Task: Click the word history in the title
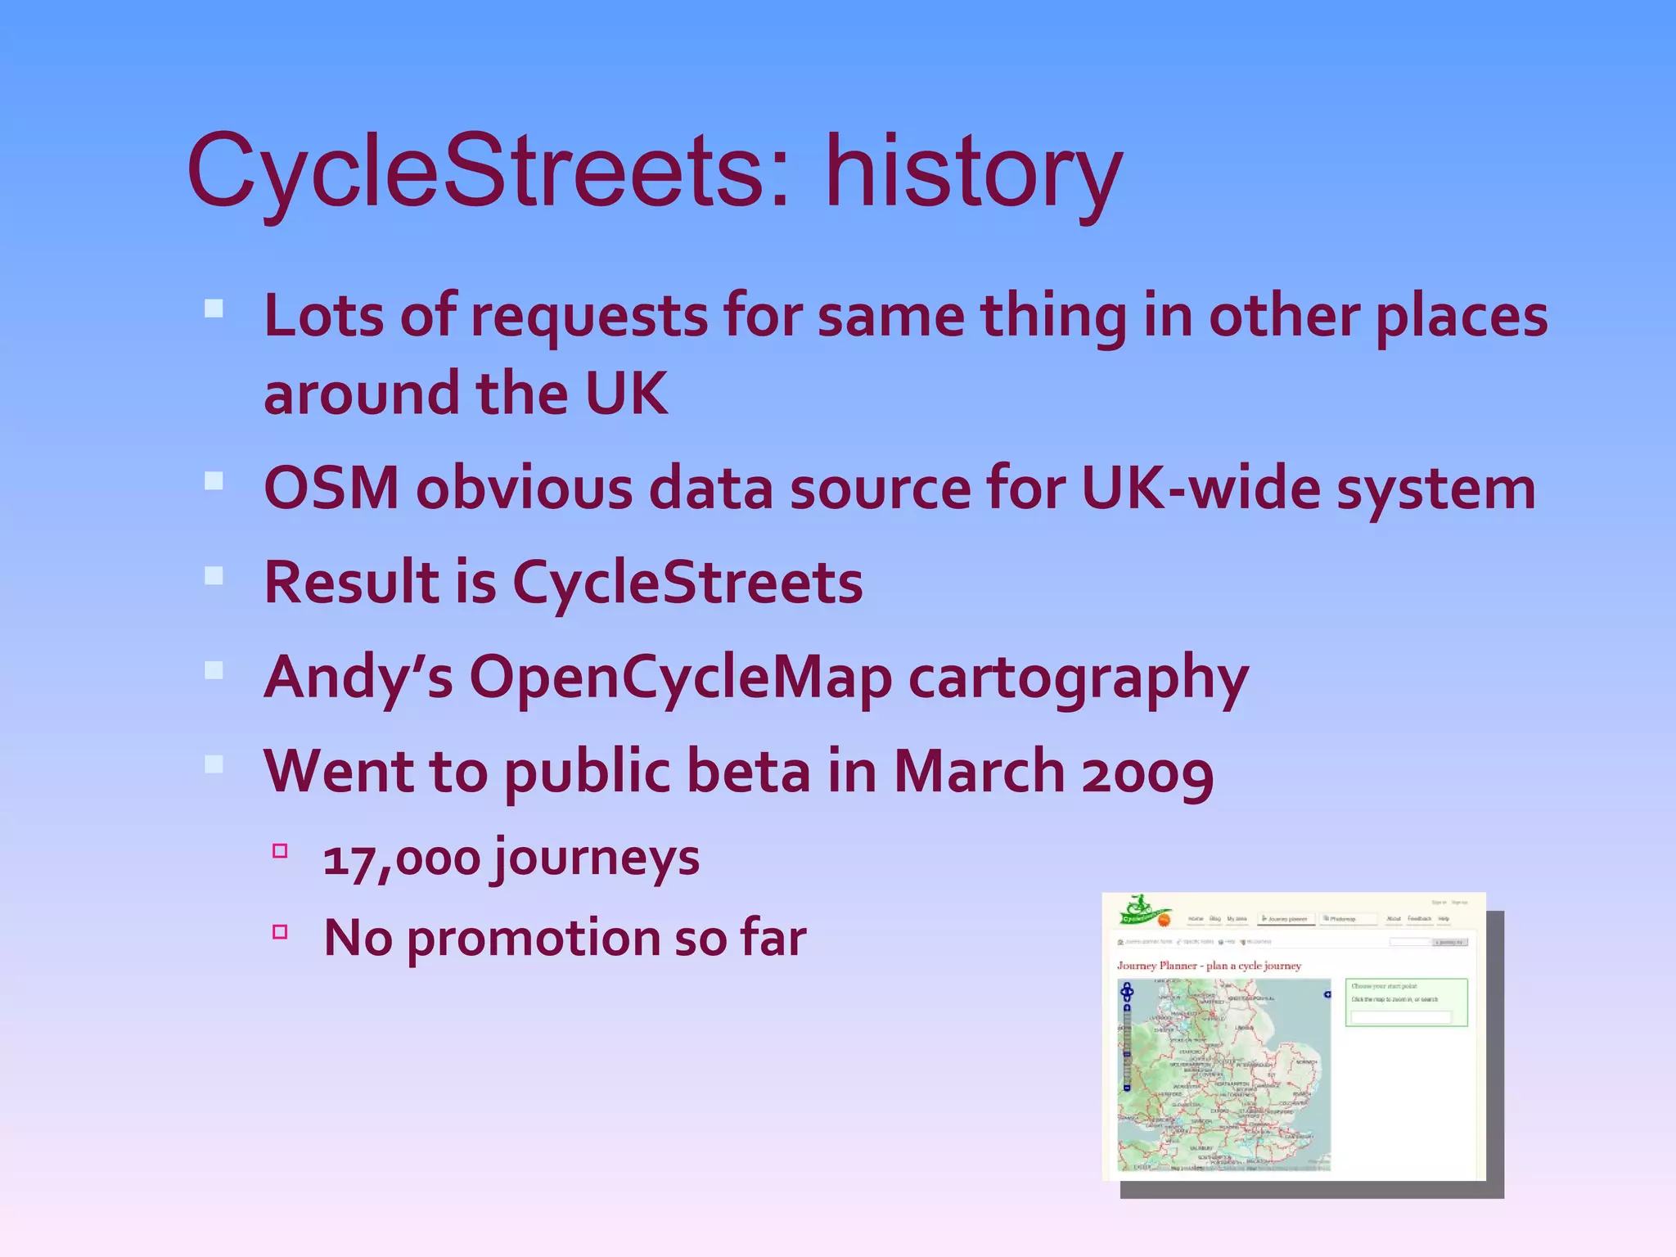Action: (x=973, y=173)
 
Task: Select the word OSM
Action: (x=331, y=489)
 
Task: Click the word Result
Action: (x=351, y=583)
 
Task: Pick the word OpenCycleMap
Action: (x=680, y=678)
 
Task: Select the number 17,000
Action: (x=401, y=860)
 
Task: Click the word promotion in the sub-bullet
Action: (x=533, y=939)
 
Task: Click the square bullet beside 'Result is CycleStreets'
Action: (x=214, y=575)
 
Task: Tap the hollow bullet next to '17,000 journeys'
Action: (x=280, y=851)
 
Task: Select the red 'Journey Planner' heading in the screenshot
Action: (x=1209, y=966)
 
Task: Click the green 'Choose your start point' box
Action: (x=1406, y=1002)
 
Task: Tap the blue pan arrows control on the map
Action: (x=1127, y=993)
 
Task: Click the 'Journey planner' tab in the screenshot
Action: (x=1286, y=919)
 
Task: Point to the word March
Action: (x=978, y=772)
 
